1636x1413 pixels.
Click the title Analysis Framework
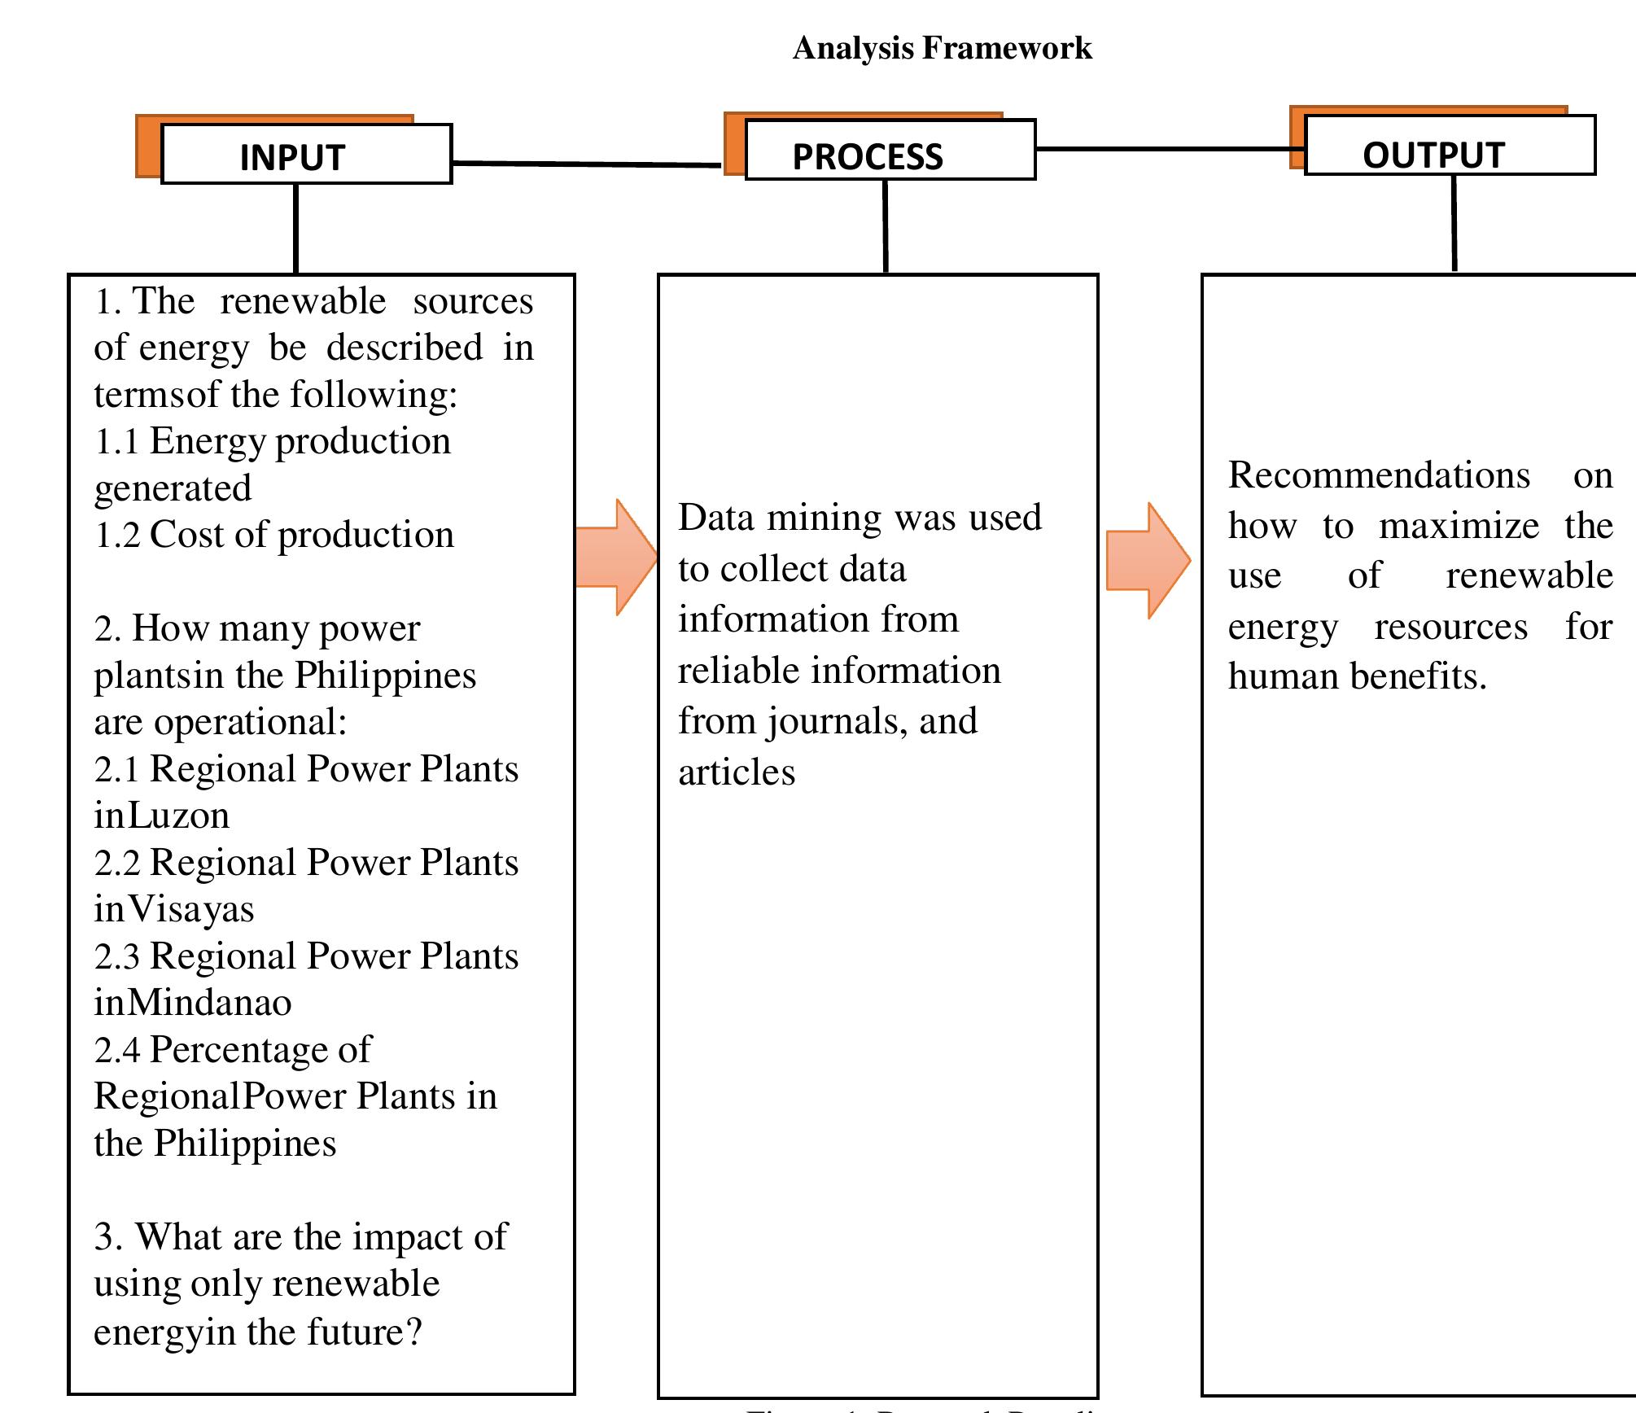coord(942,48)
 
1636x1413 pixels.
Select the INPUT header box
coord(306,155)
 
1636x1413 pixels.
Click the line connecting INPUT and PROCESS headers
coord(586,164)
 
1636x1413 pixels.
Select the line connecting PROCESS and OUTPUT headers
coord(1169,149)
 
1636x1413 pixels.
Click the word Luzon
coord(179,816)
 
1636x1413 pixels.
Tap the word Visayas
coord(191,910)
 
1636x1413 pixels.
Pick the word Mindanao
coord(209,1003)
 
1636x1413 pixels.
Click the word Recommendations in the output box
coord(1379,475)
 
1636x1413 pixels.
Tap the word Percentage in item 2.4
coord(260,1050)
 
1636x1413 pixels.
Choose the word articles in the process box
coord(737,772)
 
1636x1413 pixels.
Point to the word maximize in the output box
coord(1459,526)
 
